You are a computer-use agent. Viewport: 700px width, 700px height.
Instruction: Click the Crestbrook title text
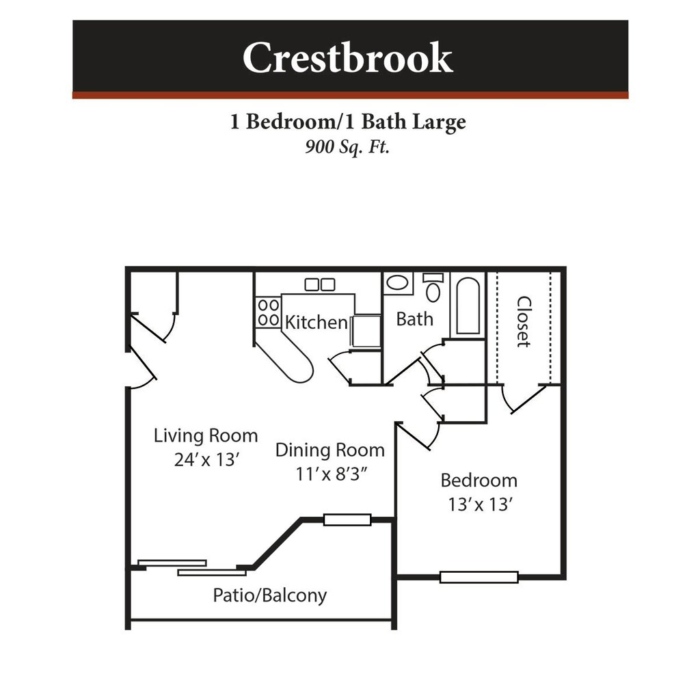pos(347,58)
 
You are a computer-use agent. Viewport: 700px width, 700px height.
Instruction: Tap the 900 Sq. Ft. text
pos(347,146)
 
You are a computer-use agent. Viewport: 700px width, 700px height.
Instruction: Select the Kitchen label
pos(316,322)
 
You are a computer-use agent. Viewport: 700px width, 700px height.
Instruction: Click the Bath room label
pos(414,319)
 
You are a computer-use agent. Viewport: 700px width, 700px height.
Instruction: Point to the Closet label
pos(524,321)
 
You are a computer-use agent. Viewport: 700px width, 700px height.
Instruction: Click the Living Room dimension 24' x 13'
pos(205,459)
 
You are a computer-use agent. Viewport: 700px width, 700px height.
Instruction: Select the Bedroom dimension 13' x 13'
pos(480,504)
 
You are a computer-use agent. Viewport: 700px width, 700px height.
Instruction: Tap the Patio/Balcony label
pos(269,595)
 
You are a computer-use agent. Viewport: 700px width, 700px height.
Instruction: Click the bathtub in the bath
pos(468,306)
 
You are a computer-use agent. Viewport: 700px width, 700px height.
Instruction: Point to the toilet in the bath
pos(433,288)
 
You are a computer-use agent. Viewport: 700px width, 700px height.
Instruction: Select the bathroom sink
pos(397,282)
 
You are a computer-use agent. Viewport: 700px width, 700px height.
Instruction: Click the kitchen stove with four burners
pos(268,312)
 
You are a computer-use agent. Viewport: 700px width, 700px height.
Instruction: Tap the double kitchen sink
pos(319,284)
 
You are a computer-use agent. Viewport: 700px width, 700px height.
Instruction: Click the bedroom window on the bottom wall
pos(479,577)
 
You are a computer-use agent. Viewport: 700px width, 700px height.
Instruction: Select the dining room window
pos(347,520)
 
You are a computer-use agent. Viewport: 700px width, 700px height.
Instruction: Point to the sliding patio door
pos(191,567)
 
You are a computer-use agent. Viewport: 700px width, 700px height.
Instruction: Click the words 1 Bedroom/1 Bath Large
pos(347,122)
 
